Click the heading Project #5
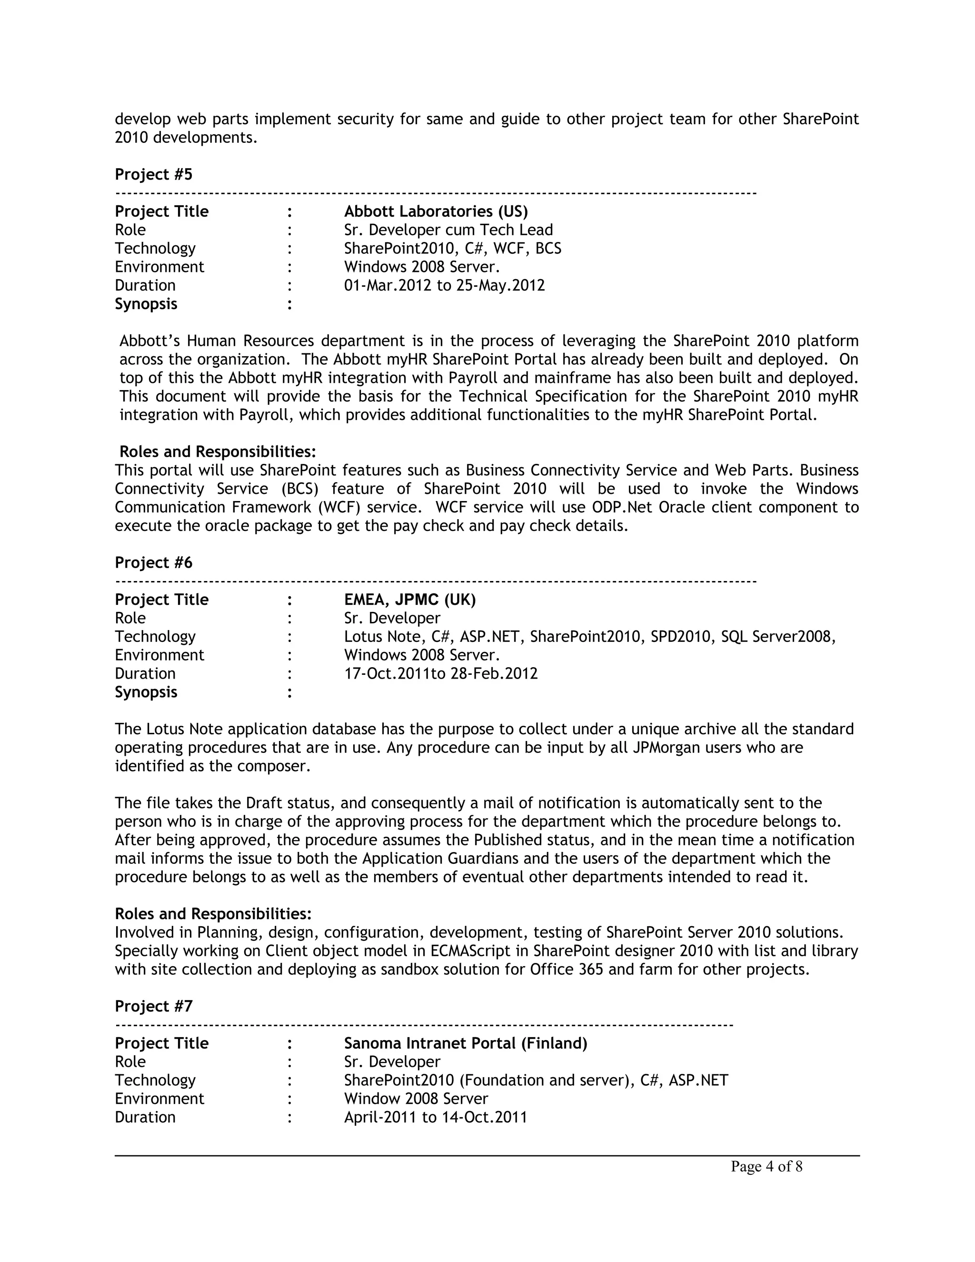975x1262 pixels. [153, 174]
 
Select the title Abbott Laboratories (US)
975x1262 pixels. [436, 211]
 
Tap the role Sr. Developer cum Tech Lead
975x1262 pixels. [448, 230]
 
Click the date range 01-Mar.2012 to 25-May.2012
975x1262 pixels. [444, 285]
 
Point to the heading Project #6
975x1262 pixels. [153, 563]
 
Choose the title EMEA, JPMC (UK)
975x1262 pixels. [409, 600]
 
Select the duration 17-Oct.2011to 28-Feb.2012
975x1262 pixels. [441, 674]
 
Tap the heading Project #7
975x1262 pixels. [153, 1007]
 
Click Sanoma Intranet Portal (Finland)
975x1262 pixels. [466, 1043]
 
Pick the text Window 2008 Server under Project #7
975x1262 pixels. [416, 1099]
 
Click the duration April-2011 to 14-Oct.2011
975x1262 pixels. [436, 1118]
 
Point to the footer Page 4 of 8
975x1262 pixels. [766, 1167]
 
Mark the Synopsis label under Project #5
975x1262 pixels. [146, 304]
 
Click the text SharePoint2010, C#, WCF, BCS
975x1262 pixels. [452, 249]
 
